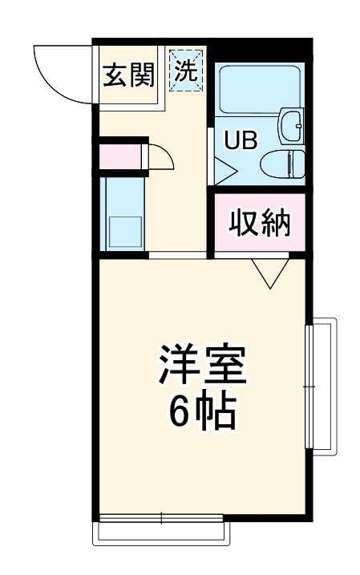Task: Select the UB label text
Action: tap(240, 141)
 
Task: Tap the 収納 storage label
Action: tap(260, 222)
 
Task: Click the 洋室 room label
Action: tap(201, 366)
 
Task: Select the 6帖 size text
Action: tap(201, 412)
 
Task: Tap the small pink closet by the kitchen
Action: tap(121, 156)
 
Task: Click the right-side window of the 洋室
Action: tap(321, 387)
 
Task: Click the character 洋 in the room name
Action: tap(178, 366)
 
